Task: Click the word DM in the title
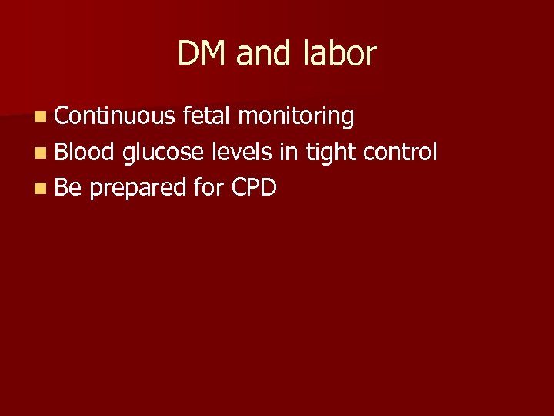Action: click(202, 54)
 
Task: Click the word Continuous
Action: click(115, 116)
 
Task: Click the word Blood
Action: click(85, 152)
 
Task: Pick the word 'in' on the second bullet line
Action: click(288, 152)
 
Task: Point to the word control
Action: click(400, 152)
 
